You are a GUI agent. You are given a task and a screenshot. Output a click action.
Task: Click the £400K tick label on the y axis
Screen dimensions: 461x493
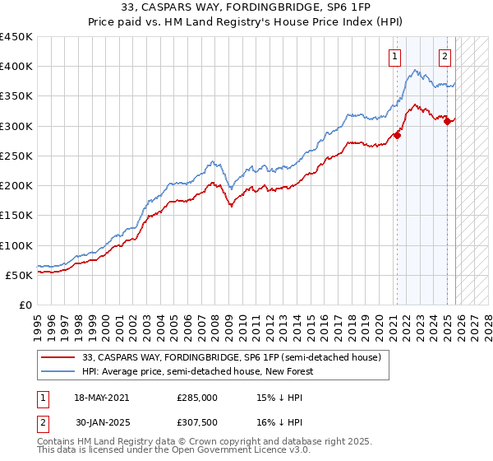pyautogui.click(x=16, y=67)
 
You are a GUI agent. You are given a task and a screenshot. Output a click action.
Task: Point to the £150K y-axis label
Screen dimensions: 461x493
pyautogui.click(x=16, y=216)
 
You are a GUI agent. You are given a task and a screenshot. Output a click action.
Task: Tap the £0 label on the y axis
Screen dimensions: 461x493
pyautogui.click(x=25, y=305)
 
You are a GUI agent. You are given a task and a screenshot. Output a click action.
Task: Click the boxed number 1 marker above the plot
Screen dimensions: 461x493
pyautogui.click(x=395, y=57)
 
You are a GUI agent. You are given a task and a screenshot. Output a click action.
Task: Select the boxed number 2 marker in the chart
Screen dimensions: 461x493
pyautogui.click(x=445, y=57)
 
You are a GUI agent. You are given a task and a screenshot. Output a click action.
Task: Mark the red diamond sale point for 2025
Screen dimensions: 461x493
pyautogui.click(x=447, y=122)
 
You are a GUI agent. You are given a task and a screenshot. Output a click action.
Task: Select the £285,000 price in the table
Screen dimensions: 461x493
pyautogui.click(x=197, y=397)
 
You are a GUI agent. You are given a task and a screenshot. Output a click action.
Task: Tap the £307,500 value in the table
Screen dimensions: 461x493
pyautogui.click(x=197, y=424)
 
